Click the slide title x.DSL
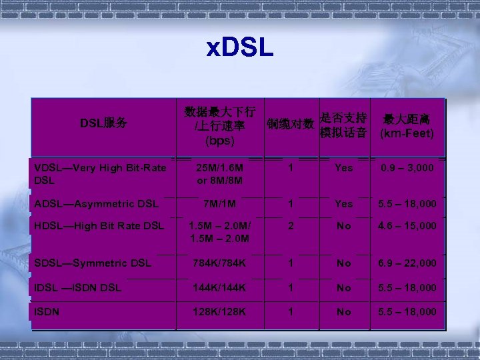(240, 49)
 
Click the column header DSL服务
(103, 123)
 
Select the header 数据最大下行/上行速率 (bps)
(219, 125)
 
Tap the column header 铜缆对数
(290, 124)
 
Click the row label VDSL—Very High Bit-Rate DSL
(100, 174)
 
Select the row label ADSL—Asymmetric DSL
(96, 203)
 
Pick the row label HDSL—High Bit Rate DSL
(98, 226)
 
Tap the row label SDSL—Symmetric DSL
(93, 263)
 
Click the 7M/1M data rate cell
(219, 203)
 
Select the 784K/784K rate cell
(219, 263)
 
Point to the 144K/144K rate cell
(219, 287)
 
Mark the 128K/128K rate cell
(219, 311)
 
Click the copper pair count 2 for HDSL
(291, 226)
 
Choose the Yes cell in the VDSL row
(344, 168)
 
